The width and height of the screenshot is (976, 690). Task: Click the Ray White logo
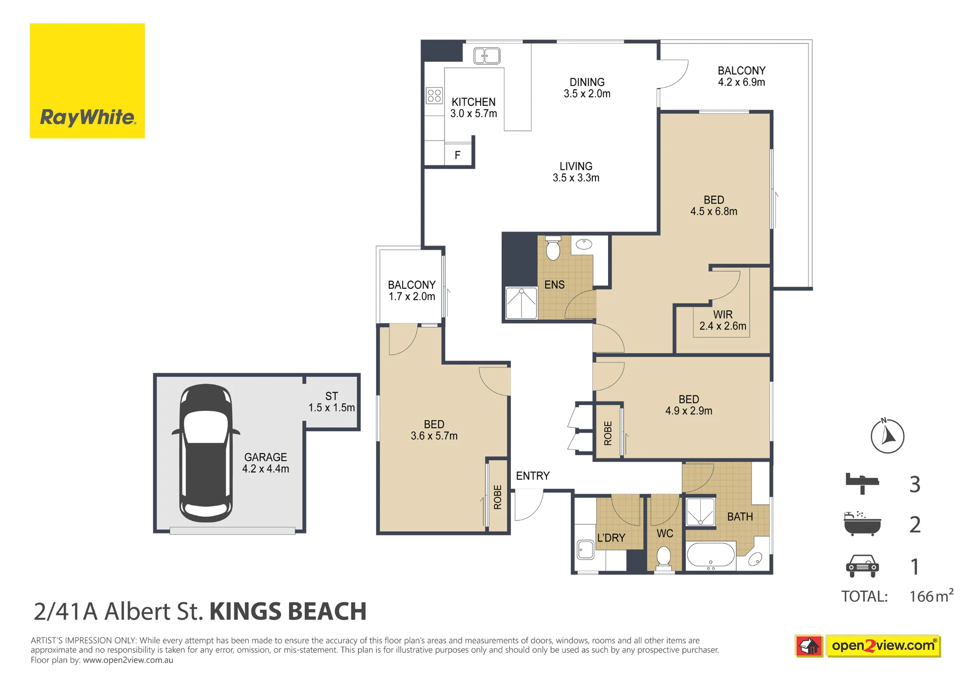point(87,81)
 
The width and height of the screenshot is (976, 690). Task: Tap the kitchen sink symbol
point(487,56)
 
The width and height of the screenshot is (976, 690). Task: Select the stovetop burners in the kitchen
point(434,96)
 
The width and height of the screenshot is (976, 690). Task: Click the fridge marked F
point(458,155)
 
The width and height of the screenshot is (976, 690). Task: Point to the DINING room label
point(587,88)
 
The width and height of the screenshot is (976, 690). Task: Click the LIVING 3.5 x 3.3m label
point(576,172)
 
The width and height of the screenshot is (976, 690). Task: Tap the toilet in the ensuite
point(553,247)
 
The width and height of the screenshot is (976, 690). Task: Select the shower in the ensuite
point(521,303)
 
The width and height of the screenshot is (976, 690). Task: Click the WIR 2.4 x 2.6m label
point(723,320)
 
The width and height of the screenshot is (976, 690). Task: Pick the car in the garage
point(206,453)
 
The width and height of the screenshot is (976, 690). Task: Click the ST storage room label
point(331,402)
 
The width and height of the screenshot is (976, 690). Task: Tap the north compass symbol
point(887,435)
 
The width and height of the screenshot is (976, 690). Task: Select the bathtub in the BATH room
point(711,556)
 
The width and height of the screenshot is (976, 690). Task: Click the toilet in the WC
point(664,558)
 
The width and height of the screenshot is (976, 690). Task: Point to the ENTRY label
point(532,476)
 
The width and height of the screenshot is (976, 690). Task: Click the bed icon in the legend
point(862,484)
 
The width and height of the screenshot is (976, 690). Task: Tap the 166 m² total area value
point(931,595)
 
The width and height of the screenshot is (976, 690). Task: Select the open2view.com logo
point(868,646)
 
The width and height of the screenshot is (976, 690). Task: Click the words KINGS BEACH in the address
point(288,611)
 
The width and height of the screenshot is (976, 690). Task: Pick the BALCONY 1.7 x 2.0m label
point(411,290)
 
